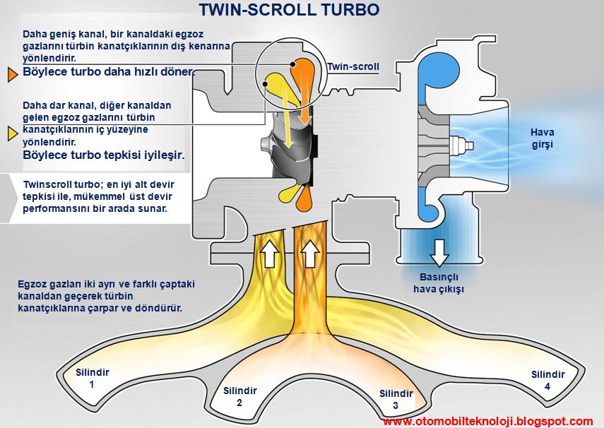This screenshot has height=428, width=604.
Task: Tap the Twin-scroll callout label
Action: tap(353, 67)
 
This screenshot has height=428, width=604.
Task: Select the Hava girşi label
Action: tap(543, 138)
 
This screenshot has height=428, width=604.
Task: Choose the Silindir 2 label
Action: tap(239, 396)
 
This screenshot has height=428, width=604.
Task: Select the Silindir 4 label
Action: tap(548, 381)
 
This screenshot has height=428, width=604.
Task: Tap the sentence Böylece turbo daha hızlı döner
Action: tap(107, 72)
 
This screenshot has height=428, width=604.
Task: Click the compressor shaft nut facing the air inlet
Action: tap(466, 146)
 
